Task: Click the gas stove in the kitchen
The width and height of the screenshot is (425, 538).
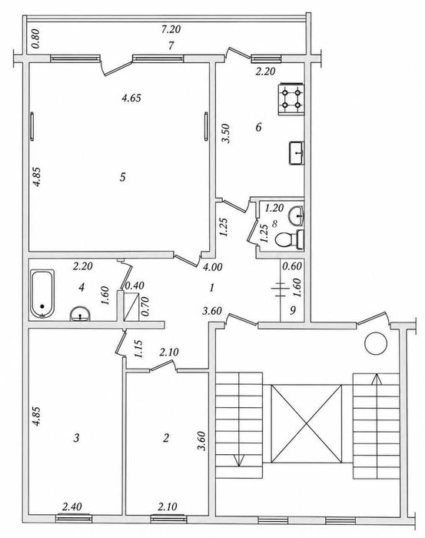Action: point(291,99)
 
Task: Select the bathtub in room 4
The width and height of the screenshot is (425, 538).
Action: point(42,293)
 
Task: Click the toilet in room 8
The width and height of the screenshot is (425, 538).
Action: point(289,239)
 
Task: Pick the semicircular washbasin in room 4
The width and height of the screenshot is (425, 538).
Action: point(80,313)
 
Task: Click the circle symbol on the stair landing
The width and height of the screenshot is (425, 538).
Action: point(376,344)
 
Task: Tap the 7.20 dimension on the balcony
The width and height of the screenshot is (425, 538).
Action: point(171,29)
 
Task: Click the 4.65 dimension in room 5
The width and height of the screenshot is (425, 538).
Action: point(131,98)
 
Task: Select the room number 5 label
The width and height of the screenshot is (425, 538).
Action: point(123,177)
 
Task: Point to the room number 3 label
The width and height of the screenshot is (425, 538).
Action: point(77,438)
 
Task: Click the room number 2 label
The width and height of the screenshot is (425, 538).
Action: point(166,438)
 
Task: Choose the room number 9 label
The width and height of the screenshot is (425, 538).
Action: point(292,310)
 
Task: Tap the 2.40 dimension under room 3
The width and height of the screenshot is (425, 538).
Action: point(72,506)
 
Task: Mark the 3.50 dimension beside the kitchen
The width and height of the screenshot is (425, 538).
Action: point(226,133)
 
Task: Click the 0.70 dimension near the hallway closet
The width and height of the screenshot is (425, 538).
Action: point(145,306)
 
